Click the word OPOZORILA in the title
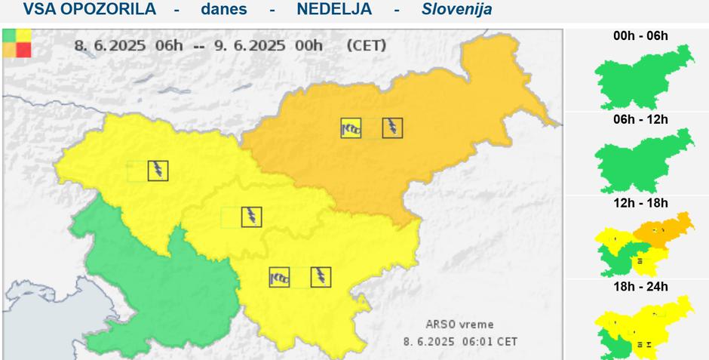click(x=110, y=9)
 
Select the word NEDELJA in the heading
click(x=333, y=9)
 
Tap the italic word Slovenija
click(x=456, y=9)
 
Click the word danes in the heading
click(x=223, y=9)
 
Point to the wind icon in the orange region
click(x=351, y=128)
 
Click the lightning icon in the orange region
click(x=392, y=128)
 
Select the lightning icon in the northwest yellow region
click(x=158, y=171)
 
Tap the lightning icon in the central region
click(x=251, y=217)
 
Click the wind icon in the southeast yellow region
click(x=280, y=277)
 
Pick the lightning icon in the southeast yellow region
click(x=321, y=277)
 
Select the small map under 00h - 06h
click(x=643, y=75)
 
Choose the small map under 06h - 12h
click(x=643, y=160)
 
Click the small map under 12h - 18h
click(x=643, y=243)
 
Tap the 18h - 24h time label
click(x=640, y=287)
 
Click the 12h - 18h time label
click(x=640, y=203)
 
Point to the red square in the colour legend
click(x=23, y=50)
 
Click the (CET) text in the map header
click(x=366, y=45)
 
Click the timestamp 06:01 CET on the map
click(x=490, y=341)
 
